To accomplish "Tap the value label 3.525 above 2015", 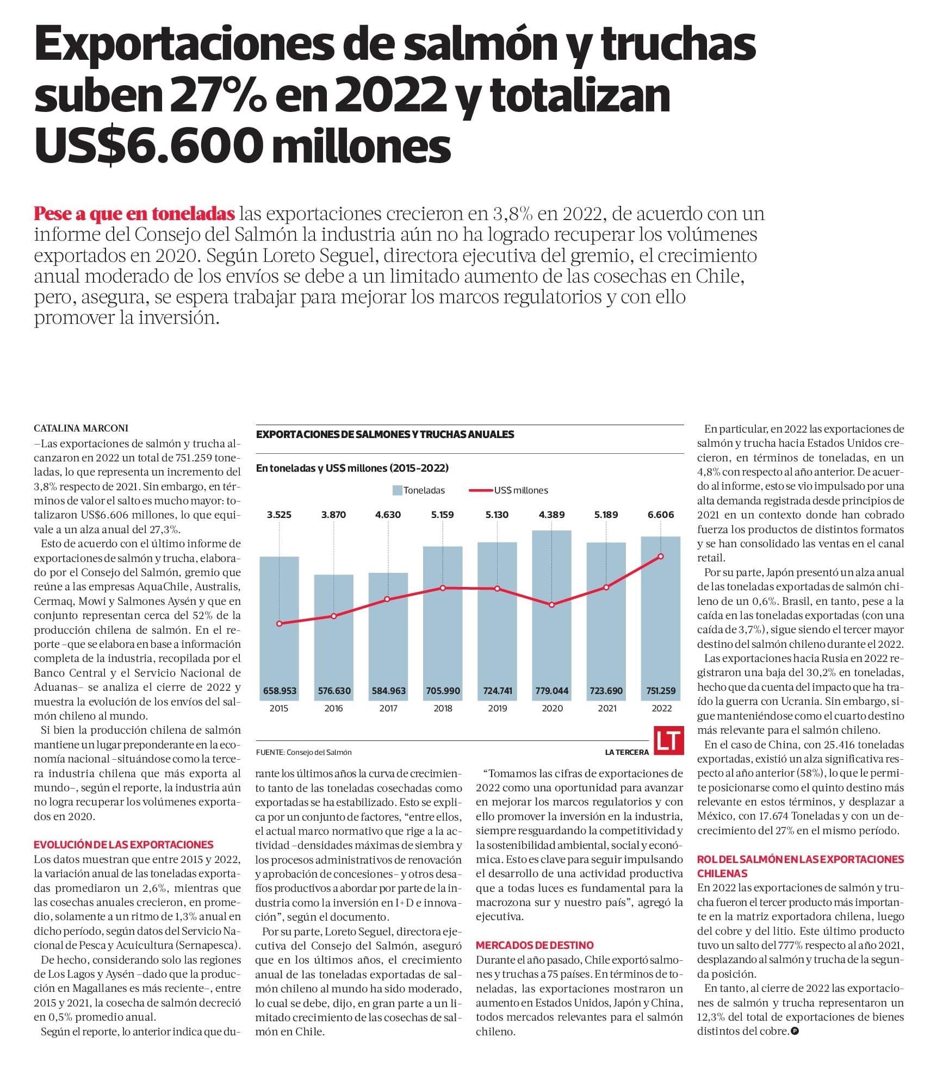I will click(x=279, y=515).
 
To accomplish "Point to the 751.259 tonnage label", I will click(x=660, y=691).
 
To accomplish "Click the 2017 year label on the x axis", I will click(x=388, y=708).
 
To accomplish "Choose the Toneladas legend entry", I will click(x=418, y=490).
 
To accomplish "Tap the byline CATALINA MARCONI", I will click(x=81, y=428).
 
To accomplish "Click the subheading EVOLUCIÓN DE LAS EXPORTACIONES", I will click(x=123, y=845).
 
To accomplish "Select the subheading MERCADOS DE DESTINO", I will click(x=535, y=945).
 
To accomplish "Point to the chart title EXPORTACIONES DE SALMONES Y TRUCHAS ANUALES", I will click(x=384, y=434).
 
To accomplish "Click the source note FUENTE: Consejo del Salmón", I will click(x=303, y=752).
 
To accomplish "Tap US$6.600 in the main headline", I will click(x=146, y=146).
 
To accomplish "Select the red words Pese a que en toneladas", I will click(x=134, y=214).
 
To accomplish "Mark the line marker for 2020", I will click(x=552, y=605).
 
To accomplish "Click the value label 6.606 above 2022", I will click(x=661, y=515).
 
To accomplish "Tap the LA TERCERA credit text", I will click(x=626, y=752).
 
